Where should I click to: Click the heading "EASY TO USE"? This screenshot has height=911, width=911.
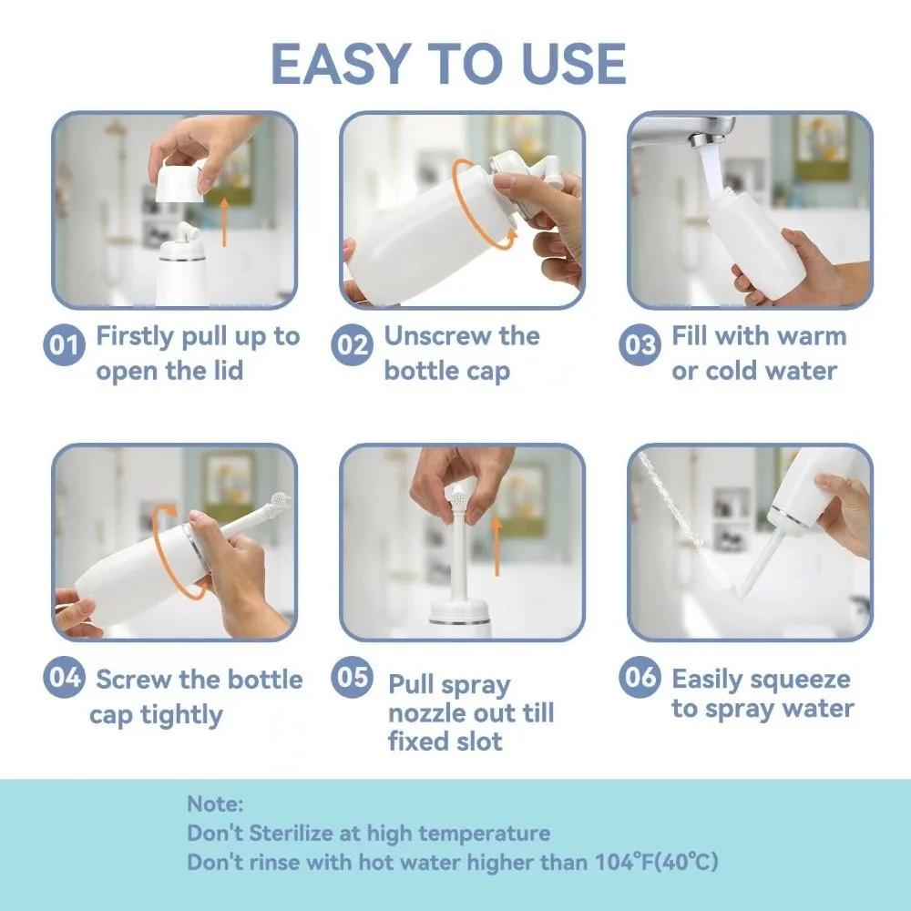coord(448,64)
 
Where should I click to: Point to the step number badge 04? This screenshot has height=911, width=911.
coord(65,679)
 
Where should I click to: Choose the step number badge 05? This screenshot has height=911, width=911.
coord(352,679)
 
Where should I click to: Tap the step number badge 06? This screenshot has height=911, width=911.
coord(640,679)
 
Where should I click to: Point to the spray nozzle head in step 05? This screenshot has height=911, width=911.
coord(460,499)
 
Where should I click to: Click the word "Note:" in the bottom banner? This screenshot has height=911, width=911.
coord(215,804)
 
